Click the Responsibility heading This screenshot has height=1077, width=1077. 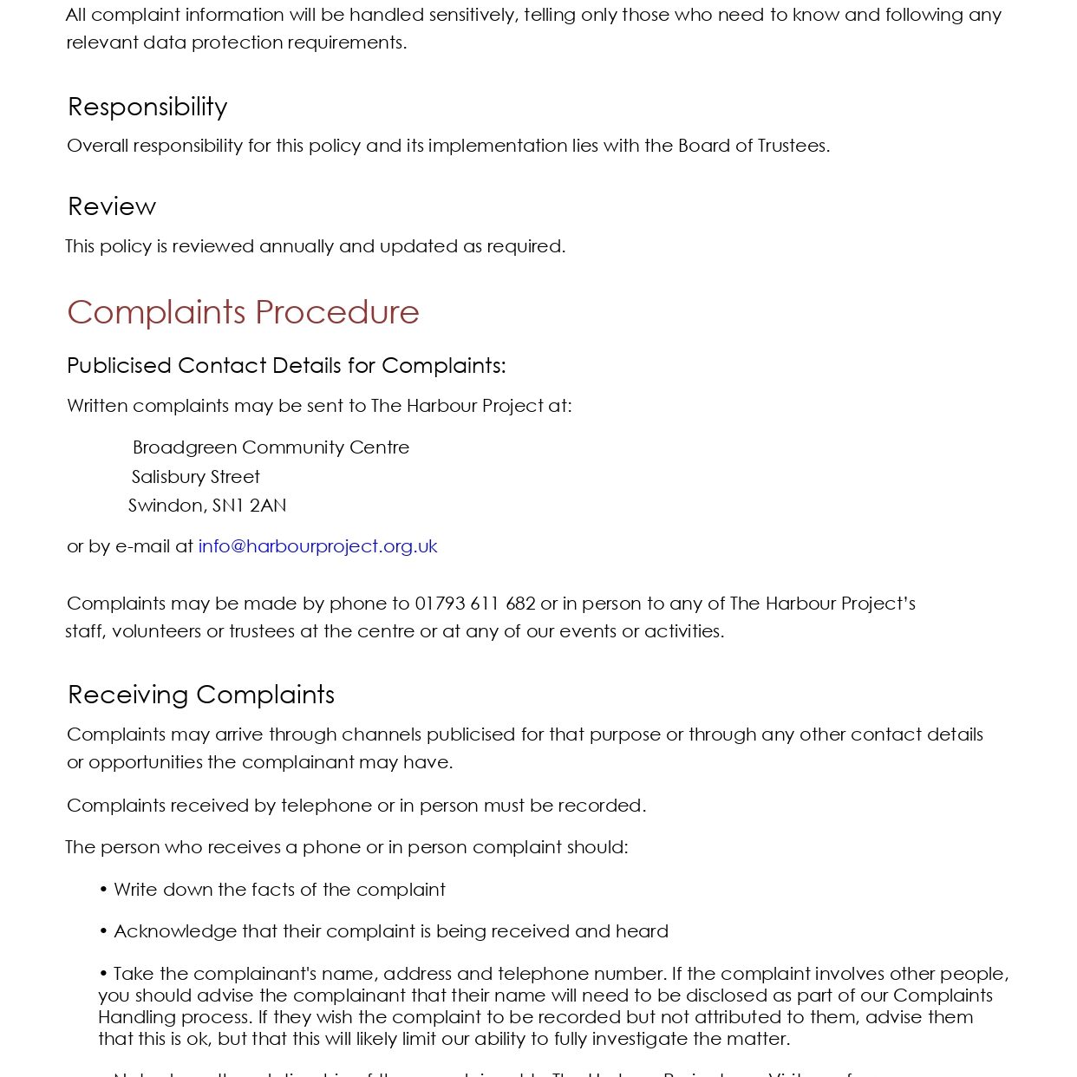(147, 107)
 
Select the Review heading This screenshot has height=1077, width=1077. (112, 206)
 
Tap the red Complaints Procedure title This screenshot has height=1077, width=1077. (243, 312)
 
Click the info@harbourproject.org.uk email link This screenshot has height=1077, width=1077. (317, 546)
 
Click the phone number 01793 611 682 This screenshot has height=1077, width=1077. (475, 604)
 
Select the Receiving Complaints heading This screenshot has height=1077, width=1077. (201, 695)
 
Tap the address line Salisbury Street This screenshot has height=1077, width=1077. (196, 477)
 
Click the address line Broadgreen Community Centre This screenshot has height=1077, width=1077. (271, 447)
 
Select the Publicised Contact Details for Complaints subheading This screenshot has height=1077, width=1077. (286, 366)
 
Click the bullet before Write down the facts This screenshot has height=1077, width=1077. (103, 890)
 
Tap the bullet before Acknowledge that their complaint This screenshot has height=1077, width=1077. (103, 931)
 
